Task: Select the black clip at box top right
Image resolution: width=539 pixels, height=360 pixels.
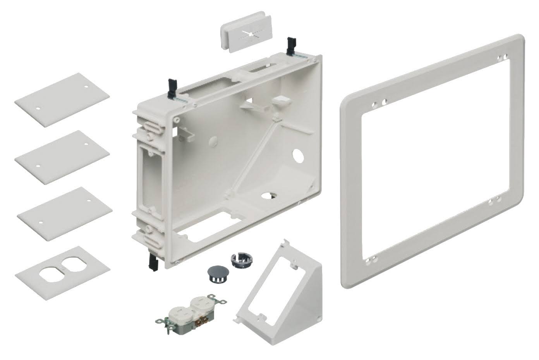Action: (289, 46)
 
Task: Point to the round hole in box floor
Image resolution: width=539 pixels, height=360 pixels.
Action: (268, 195)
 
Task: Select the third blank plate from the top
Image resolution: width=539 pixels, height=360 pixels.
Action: (65, 214)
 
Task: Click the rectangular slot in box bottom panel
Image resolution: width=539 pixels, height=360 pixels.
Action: (199, 226)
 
